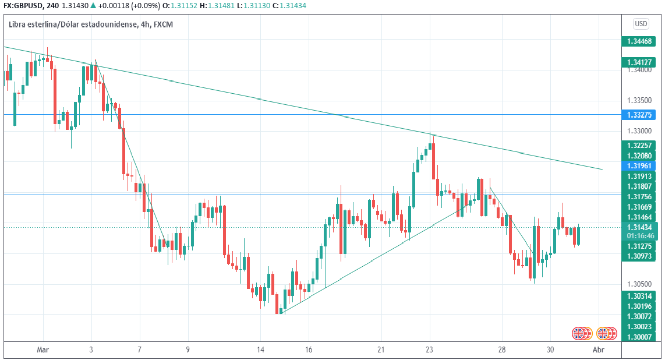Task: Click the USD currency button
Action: click(641, 24)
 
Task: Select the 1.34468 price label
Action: click(641, 41)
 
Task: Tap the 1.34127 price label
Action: click(641, 62)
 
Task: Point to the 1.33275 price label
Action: click(641, 115)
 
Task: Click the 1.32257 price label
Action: click(641, 145)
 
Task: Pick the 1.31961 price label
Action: click(641, 165)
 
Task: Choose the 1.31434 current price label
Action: click(641, 227)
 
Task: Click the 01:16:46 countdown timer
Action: click(641, 236)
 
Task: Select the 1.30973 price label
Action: click(641, 256)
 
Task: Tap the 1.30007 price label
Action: click(641, 337)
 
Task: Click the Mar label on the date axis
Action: click(43, 350)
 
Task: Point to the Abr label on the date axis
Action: click(597, 350)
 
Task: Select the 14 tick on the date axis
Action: click(260, 350)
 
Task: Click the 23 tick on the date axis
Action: click(430, 350)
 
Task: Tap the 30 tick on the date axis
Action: click(550, 350)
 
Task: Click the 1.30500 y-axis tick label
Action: click(641, 284)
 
